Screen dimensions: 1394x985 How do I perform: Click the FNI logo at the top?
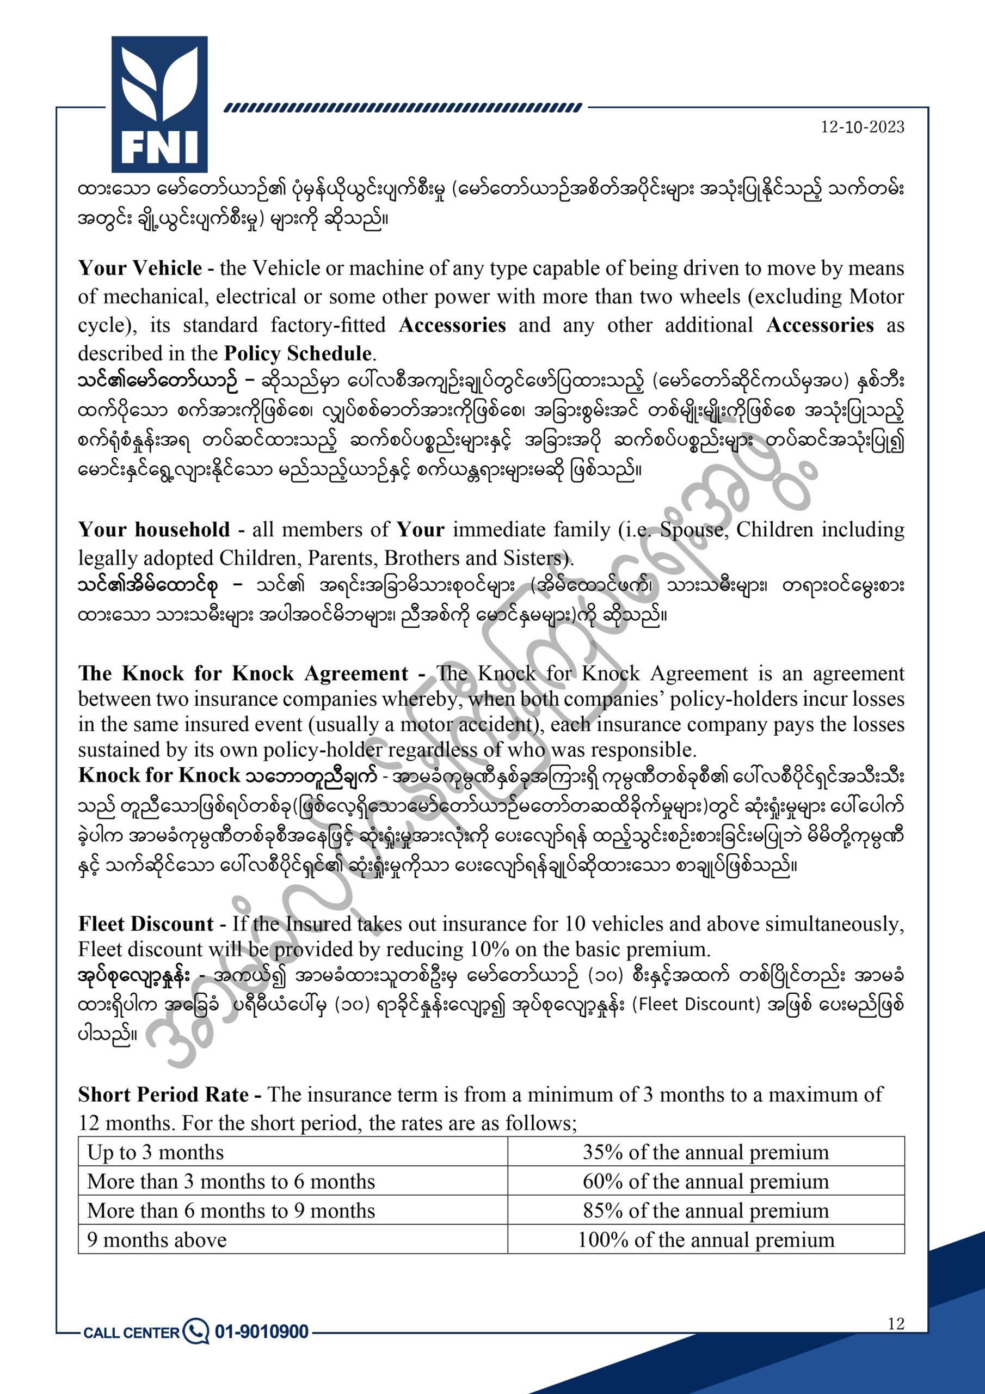click(x=159, y=105)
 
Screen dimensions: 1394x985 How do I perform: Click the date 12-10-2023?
click(x=863, y=127)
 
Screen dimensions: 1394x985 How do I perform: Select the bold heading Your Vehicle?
click(x=140, y=268)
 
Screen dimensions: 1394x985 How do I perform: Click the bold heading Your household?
click(x=154, y=529)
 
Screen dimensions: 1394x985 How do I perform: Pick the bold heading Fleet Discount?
click(x=146, y=924)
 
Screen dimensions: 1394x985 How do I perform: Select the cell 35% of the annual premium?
click(x=705, y=1152)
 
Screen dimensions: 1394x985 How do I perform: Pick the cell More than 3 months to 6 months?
click(x=231, y=1182)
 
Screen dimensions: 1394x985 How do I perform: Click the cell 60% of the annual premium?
click(x=705, y=1182)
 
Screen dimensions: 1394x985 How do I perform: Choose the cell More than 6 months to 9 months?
click(x=231, y=1210)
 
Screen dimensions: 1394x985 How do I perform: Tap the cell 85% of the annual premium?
click(x=705, y=1210)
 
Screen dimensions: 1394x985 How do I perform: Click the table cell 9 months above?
click(x=157, y=1240)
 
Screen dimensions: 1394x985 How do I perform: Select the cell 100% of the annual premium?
click(x=705, y=1240)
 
